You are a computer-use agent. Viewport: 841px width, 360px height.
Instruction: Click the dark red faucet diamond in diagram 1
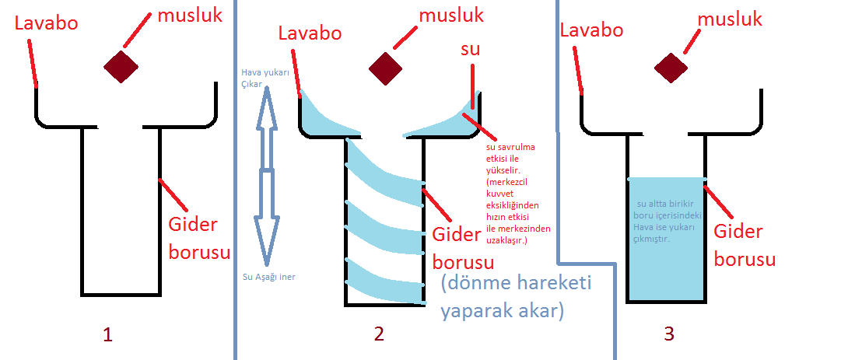pos(121,66)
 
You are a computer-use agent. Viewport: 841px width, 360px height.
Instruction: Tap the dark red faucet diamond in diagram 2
pos(385,68)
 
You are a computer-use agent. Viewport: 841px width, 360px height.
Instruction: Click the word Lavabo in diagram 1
pos(47,23)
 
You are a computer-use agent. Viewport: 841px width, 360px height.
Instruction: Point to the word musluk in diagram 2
pos(451,15)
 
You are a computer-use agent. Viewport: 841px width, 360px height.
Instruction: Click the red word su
pos(470,50)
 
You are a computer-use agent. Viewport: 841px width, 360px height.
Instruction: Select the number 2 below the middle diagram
pos(379,334)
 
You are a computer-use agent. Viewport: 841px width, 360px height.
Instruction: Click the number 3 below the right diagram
pos(669,334)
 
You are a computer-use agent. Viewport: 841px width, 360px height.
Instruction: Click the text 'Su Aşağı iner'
pos(269,277)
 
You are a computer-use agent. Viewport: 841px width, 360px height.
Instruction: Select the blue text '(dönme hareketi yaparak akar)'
pos(515,296)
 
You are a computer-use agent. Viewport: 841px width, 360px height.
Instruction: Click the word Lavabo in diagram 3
pos(592,30)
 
